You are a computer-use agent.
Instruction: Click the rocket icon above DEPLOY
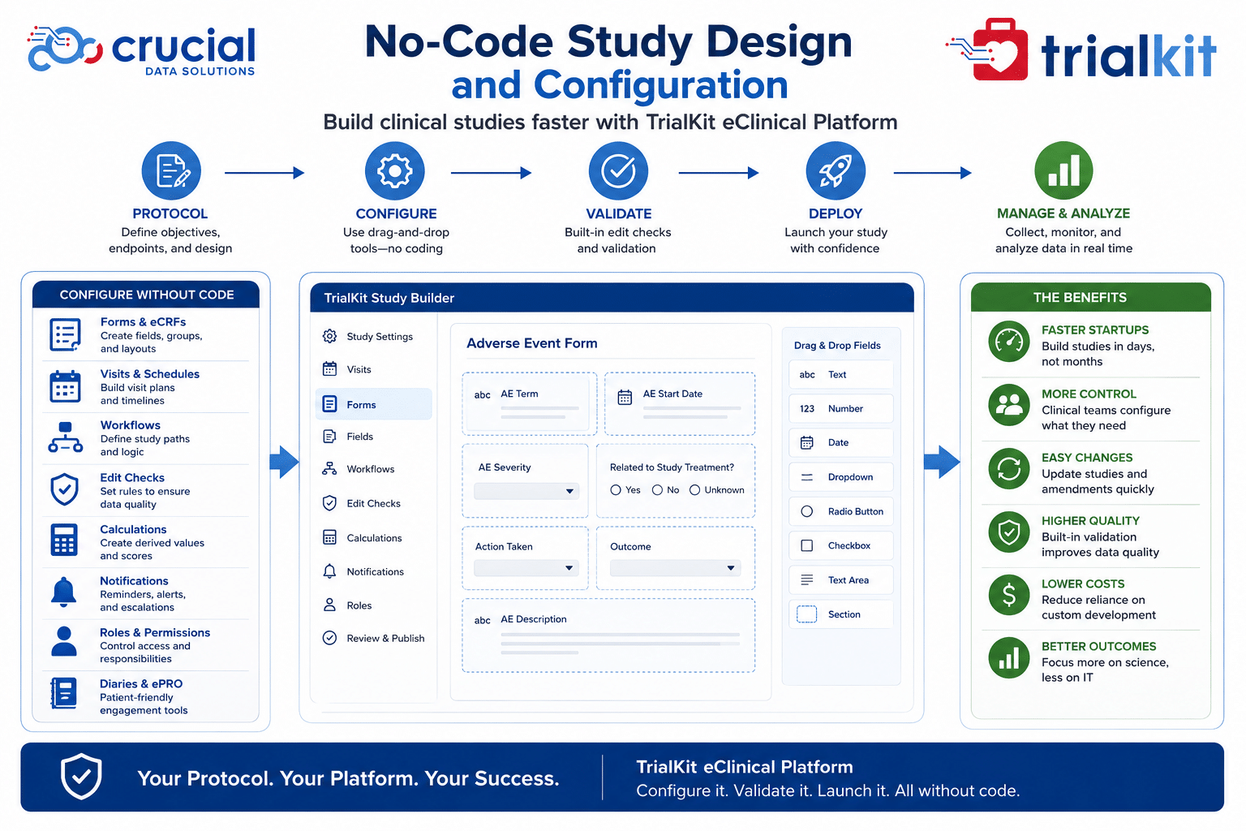(835, 171)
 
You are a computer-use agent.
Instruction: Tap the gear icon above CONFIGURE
(395, 171)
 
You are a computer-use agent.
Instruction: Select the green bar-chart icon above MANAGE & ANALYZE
(1063, 170)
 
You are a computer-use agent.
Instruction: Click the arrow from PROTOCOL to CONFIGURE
(264, 173)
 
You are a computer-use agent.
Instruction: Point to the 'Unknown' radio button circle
(694, 490)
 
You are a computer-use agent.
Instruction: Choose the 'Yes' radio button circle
(615, 490)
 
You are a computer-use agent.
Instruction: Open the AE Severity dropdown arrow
(569, 491)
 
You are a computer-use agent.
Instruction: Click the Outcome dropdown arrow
(731, 568)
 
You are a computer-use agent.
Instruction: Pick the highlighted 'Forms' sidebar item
(374, 404)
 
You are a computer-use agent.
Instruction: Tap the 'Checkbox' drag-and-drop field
(841, 545)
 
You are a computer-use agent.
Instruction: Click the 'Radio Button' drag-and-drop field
(841, 511)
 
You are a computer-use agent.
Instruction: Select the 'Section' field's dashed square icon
(806, 614)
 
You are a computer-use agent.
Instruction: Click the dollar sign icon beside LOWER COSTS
(1008, 595)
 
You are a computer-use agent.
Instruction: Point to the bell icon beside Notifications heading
(64, 592)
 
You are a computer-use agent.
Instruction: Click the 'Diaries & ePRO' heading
(141, 683)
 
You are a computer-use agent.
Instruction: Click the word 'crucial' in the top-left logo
(183, 45)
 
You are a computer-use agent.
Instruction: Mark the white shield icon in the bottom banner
(81, 776)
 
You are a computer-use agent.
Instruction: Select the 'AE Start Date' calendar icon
(625, 397)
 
